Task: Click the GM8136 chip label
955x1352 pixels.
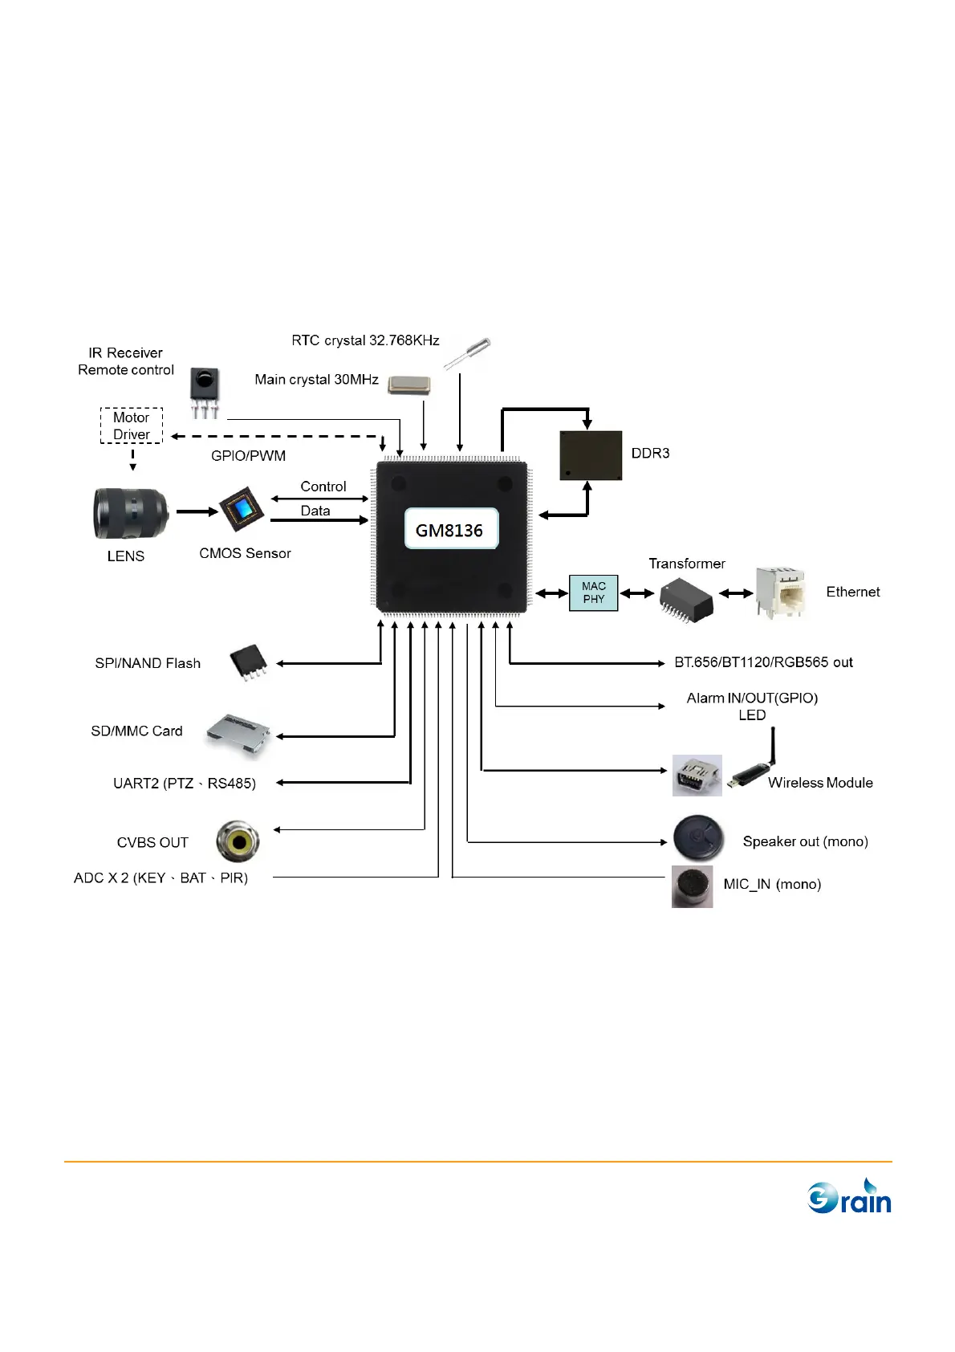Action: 450,529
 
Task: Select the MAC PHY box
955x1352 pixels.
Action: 593,593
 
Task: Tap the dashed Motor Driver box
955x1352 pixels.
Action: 132,426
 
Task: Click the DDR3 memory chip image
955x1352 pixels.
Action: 591,455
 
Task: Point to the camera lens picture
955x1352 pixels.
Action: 131,513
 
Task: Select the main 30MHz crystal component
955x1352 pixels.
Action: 408,385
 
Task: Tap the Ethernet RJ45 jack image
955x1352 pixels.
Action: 780,592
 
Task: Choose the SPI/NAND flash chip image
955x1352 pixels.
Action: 249,662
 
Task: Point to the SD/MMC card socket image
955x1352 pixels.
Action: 238,732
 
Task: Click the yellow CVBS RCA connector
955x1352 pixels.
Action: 238,841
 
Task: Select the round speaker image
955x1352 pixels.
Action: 698,838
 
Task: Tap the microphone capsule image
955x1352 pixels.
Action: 692,886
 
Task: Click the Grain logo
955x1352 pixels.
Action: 849,1197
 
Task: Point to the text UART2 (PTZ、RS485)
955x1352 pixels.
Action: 185,784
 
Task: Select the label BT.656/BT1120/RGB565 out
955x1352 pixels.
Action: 763,662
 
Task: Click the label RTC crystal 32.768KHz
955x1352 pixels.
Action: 365,340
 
